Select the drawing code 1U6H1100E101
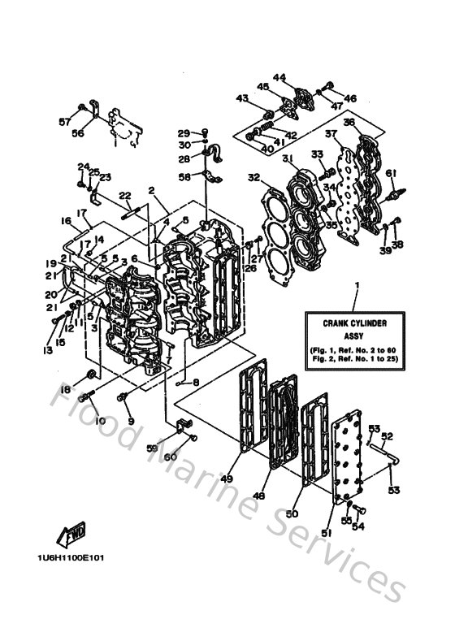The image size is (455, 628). click(x=69, y=558)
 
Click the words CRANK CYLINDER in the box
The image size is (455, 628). click(x=355, y=322)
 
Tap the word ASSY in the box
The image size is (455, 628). click(x=355, y=333)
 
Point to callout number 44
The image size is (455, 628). click(x=279, y=78)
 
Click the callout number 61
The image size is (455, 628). click(x=391, y=172)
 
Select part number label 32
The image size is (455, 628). click(x=253, y=177)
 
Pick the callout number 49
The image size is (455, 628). click(x=227, y=479)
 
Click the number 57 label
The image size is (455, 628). click(x=64, y=121)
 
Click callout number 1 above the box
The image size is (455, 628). click(x=355, y=285)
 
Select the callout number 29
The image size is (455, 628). click(x=184, y=132)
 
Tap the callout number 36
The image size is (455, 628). click(x=349, y=122)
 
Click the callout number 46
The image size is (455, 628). click(x=350, y=98)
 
